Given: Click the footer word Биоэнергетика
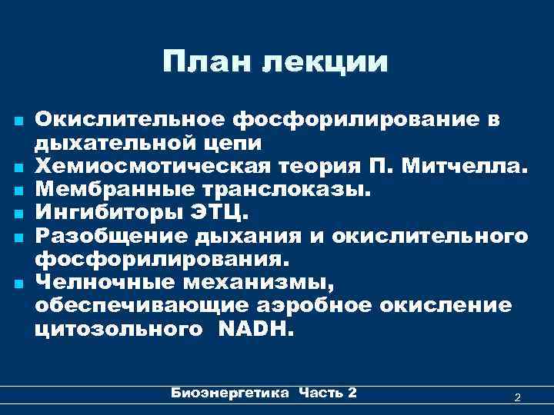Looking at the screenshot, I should point(229,393).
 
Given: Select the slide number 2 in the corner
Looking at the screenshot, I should point(518,397).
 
